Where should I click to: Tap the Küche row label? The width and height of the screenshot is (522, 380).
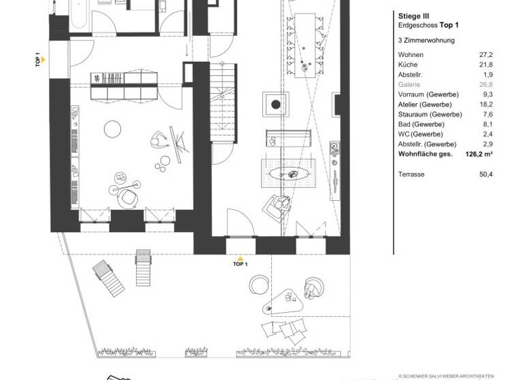(x=408, y=64)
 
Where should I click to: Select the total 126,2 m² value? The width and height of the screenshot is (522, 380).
(x=479, y=155)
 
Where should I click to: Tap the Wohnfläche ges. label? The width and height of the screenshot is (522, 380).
(x=427, y=155)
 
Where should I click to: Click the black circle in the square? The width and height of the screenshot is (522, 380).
(x=275, y=104)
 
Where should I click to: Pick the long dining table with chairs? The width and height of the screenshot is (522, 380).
(x=309, y=41)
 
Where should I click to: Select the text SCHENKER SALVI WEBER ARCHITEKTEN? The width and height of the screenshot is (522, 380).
(x=447, y=374)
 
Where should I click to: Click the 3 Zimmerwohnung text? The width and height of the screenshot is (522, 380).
(x=426, y=40)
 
